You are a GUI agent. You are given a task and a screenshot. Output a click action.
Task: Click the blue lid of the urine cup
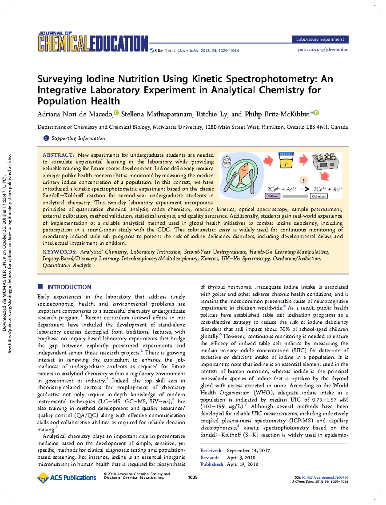286,154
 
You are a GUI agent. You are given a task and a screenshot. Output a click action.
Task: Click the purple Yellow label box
272,196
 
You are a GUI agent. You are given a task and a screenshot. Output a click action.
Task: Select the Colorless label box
319,196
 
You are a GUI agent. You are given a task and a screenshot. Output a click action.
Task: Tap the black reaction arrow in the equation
304,189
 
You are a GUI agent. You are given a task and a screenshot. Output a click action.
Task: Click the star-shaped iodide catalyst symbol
303,181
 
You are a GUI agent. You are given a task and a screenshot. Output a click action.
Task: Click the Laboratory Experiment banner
320,39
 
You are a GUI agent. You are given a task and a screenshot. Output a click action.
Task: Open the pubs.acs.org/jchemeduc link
323,50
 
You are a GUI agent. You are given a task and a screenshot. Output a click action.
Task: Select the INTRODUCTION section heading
69,287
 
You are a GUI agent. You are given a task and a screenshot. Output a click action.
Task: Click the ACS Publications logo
67,478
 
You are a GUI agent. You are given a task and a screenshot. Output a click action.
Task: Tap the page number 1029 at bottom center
193,477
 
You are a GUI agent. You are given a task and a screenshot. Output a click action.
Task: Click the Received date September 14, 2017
248,450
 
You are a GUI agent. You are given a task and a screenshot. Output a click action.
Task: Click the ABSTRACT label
59,155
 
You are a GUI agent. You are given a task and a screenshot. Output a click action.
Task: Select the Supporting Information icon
46,138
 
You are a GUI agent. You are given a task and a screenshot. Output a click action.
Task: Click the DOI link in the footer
325,478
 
